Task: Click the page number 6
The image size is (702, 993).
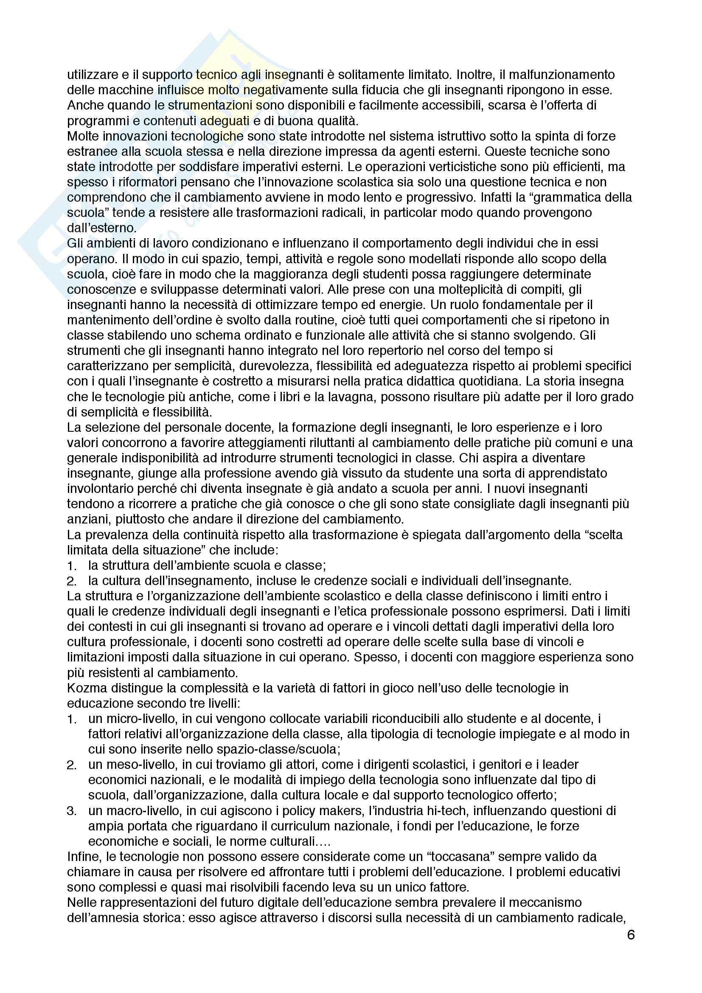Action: (x=631, y=935)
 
